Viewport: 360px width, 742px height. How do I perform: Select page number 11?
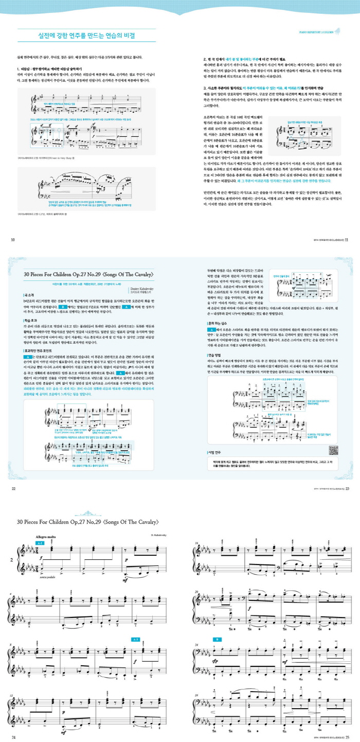tap(347, 239)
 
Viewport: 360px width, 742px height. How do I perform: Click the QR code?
tap(333, 449)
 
